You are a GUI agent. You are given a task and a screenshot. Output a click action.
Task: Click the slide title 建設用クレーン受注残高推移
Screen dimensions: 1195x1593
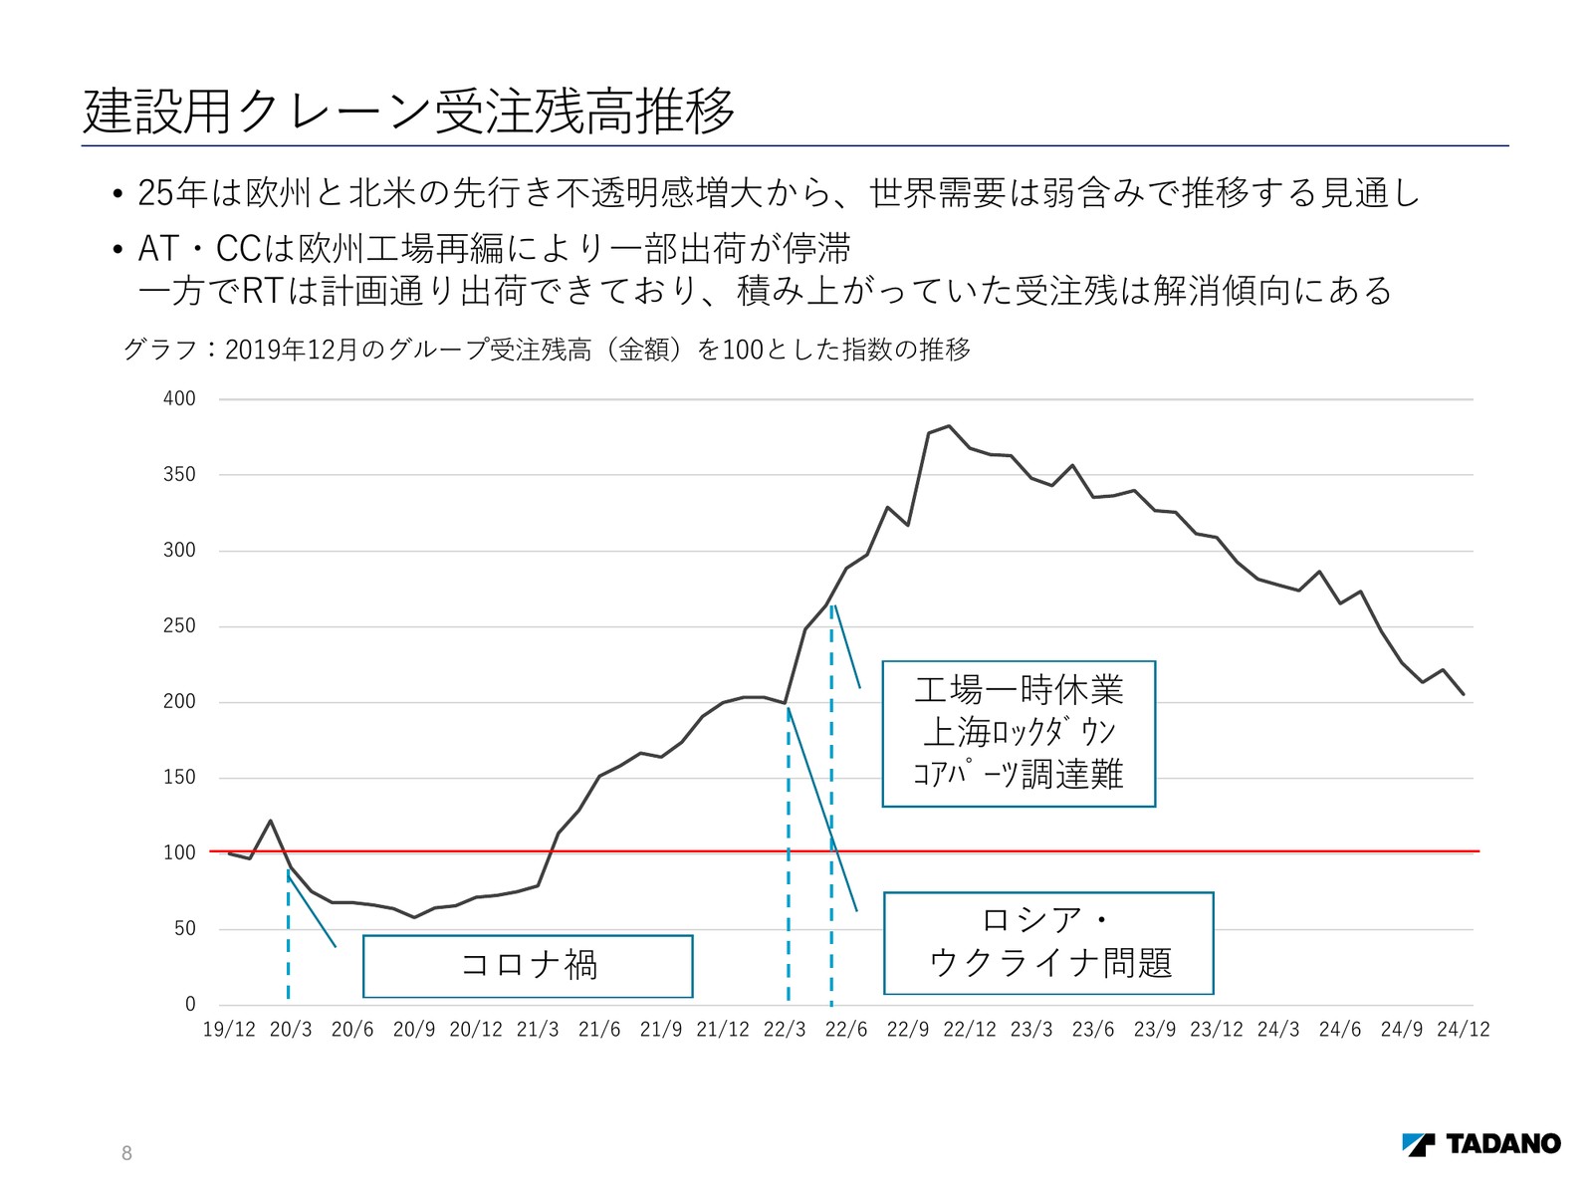409,110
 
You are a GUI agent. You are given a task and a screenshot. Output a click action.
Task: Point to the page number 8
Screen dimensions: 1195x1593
126,1153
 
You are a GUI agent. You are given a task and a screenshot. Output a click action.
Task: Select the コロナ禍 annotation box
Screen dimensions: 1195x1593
528,965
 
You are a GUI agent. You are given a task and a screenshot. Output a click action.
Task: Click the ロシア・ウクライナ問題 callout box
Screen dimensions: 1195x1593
1048,942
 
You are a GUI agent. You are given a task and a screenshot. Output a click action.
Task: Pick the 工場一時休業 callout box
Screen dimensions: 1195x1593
1019,733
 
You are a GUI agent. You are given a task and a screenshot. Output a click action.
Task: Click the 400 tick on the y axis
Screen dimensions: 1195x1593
179,398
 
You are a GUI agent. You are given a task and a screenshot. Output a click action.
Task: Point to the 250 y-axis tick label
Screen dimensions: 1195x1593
179,625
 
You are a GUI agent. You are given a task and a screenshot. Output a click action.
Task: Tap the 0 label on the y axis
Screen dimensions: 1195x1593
190,1004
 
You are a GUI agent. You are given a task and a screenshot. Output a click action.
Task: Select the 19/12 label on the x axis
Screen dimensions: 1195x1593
229,1030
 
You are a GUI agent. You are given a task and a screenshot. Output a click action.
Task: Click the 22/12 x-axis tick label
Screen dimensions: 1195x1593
970,1030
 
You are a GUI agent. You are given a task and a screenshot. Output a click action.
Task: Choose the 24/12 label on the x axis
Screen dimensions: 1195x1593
1463,1030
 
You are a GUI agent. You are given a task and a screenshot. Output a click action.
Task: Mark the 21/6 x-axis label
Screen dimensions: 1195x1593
599,1030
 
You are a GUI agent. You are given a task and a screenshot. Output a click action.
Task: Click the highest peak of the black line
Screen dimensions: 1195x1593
949,426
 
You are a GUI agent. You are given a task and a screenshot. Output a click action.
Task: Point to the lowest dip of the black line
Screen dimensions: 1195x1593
414,917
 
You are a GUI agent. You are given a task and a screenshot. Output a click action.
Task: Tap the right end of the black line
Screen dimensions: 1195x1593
1464,694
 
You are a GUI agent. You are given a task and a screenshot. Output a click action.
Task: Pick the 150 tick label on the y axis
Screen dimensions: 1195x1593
179,777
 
